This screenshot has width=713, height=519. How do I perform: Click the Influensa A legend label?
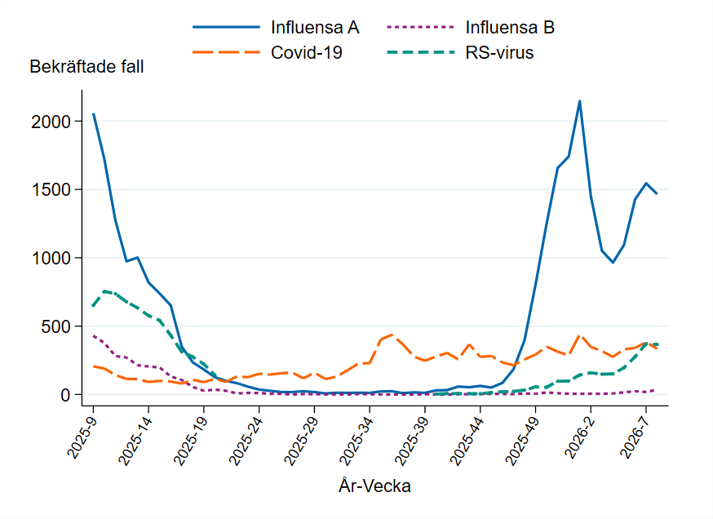point(315,27)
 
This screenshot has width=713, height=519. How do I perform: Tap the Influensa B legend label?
point(510,27)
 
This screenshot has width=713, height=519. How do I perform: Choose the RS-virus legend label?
point(499,53)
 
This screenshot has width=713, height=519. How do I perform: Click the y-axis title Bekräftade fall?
point(86,67)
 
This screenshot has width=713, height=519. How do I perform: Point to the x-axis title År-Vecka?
point(374,486)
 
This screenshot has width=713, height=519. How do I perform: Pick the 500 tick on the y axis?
point(60,326)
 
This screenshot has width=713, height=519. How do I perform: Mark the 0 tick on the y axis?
point(68,395)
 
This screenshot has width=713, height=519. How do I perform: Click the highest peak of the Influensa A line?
point(579,101)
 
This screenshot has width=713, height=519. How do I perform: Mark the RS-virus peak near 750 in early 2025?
point(104,291)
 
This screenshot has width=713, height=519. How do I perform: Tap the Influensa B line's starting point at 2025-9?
point(93,335)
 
